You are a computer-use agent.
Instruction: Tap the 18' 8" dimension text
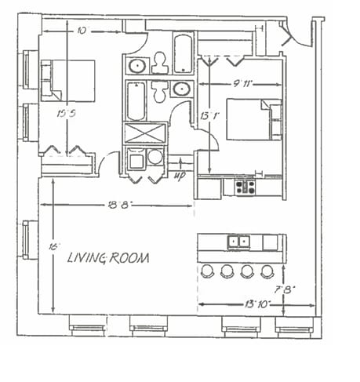tap(116, 206)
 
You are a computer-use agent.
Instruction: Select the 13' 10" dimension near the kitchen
tap(257, 303)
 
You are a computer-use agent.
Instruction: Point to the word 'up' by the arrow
tap(179, 175)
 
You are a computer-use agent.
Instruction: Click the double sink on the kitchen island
tap(238, 242)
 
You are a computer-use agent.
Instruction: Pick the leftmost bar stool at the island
tap(207, 271)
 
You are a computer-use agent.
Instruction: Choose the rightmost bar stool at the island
tap(267, 271)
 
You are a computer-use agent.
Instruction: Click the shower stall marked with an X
tap(145, 133)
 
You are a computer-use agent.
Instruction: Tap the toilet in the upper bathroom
tap(160, 61)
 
